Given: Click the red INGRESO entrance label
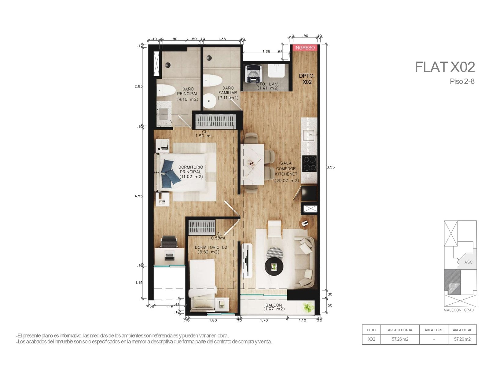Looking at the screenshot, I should pos(305,48).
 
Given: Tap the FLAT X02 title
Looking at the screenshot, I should pos(444,67).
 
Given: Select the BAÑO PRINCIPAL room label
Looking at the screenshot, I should pos(188,94).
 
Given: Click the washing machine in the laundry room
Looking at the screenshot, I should pos(252,73).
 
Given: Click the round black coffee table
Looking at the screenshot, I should pos(274,267).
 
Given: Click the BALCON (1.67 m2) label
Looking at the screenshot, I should pos(274,307).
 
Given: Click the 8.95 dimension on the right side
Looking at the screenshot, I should pos(330,167).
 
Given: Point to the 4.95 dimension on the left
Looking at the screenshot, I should pos(138,196).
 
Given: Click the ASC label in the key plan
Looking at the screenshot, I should pos(468,262).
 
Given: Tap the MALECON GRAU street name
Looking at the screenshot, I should pos(459,310).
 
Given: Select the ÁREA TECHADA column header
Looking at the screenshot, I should pos(400,330).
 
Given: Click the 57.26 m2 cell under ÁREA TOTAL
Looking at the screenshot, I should pos(462,339).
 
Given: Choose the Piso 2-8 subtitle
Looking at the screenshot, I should pos(462,81).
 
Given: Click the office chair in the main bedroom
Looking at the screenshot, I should pos(169,241).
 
